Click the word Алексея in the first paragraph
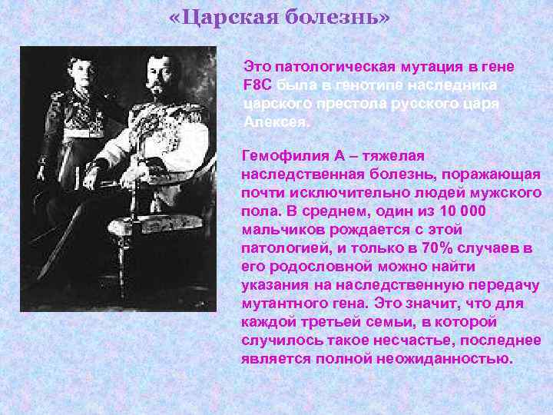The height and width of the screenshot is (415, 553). pyautogui.click(x=275, y=122)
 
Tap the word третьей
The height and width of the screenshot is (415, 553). pyautogui.click(x=325, y=322)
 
